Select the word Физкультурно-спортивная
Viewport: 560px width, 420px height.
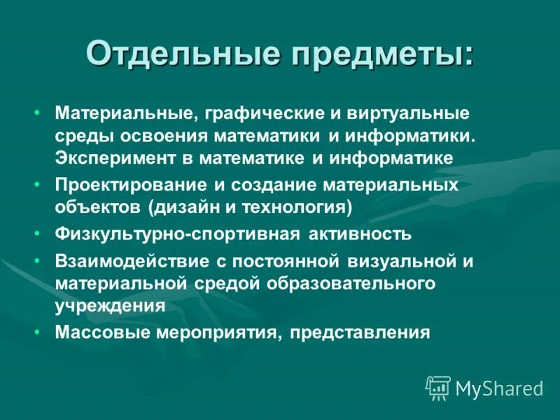[178, 234]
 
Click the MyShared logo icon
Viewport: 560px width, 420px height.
[438, 386]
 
